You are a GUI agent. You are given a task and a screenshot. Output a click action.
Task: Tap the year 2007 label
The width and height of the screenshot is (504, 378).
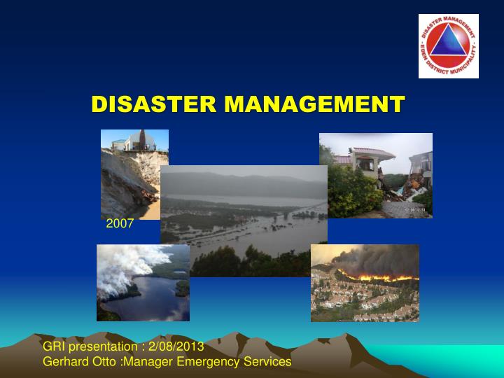click(118, 224)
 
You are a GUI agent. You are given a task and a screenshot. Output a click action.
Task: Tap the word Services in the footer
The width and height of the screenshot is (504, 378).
click(264, 361)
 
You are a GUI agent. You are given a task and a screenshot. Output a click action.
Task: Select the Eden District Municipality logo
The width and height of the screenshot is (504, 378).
click(449, 46)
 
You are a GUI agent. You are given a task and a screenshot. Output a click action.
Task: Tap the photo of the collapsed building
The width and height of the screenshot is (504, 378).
click(375, 175)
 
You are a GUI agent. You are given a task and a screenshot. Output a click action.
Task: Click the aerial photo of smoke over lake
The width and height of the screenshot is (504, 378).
click(143, 282)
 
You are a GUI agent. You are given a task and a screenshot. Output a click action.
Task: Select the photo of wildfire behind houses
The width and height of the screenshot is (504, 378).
click(365, 282)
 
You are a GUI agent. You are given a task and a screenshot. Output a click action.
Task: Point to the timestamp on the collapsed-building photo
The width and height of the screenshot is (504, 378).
click(418, 209)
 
